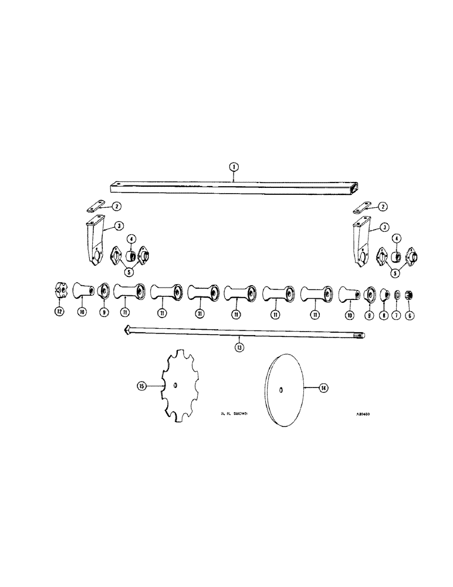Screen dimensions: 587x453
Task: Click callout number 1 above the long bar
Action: click(x=234, y=167)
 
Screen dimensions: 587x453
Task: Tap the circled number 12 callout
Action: click(x=59, y=312)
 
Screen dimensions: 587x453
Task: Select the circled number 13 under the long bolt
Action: click(x=239, y=347)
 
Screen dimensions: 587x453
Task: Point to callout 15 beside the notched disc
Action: click(x=141, y=386)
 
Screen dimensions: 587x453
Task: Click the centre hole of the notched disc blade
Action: click(x=177, y=385)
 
